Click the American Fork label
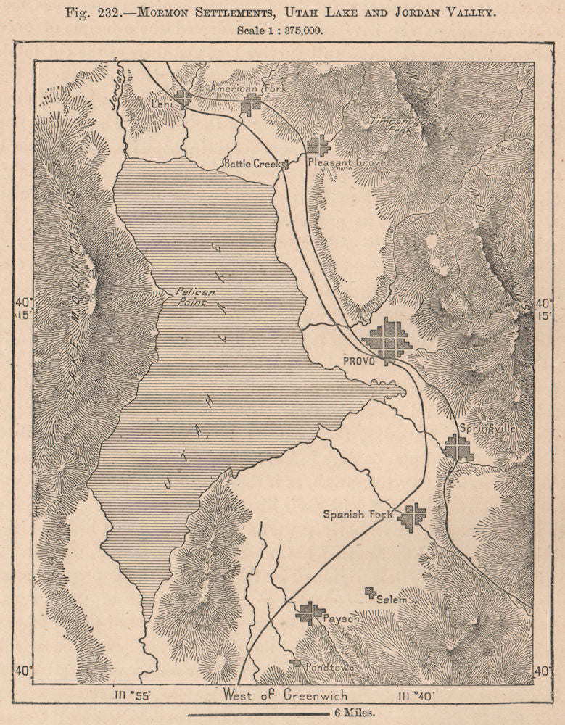(x=235, y=88)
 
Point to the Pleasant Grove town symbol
(x=318, y=146)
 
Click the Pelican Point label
(x=190, y=297)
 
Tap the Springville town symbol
(x=458, y=447)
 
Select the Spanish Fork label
(x=357, y=515)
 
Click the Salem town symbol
(x=371, y=593)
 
